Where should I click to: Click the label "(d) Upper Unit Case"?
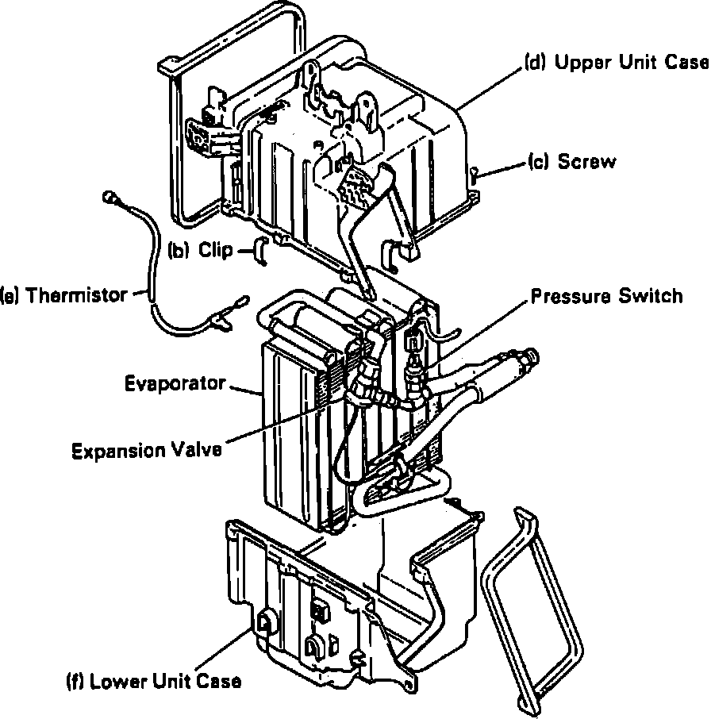[616, 63]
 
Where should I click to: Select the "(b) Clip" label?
[202, 251]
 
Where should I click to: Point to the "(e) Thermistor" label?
[64, 295]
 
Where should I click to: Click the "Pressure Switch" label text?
[606, 296]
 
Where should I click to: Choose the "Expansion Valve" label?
[147, 451]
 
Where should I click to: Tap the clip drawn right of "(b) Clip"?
[259, 250]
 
